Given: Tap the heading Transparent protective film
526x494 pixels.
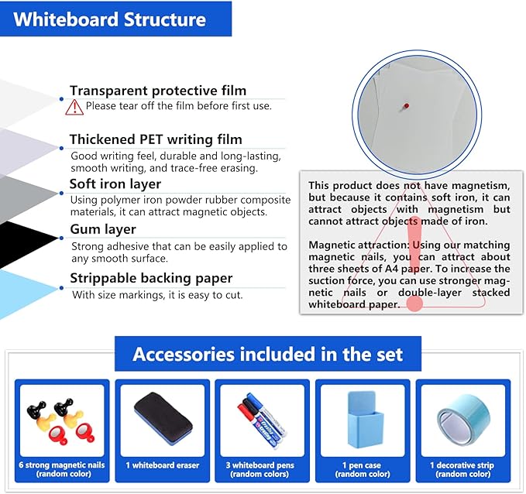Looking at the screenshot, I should pos(157,91).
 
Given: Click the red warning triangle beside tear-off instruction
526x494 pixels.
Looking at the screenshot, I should pos(75,107).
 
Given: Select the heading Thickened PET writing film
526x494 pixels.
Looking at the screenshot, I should pos(156,139).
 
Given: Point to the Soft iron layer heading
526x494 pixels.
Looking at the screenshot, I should pos(115,184).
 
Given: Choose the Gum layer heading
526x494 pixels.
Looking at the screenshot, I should pos(103,229).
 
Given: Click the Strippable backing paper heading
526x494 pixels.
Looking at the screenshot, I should pos(151,278).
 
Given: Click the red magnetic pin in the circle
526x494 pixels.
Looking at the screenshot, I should pos(404,108).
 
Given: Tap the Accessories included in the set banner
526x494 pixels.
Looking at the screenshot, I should pos(268,355).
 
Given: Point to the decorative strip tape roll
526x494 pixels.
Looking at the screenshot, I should pos(463,422).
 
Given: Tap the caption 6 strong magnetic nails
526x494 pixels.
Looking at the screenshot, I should pos(62,465).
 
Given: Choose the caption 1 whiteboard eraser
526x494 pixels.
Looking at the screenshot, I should pos(162,465).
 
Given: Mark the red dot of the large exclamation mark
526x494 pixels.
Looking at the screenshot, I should pos(415,304).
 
